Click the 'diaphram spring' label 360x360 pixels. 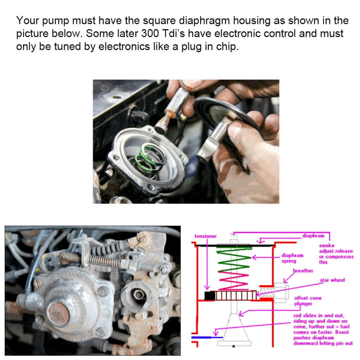(292, 258)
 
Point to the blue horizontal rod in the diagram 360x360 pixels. (202, 337)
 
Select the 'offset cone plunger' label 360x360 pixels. (307, 301)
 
